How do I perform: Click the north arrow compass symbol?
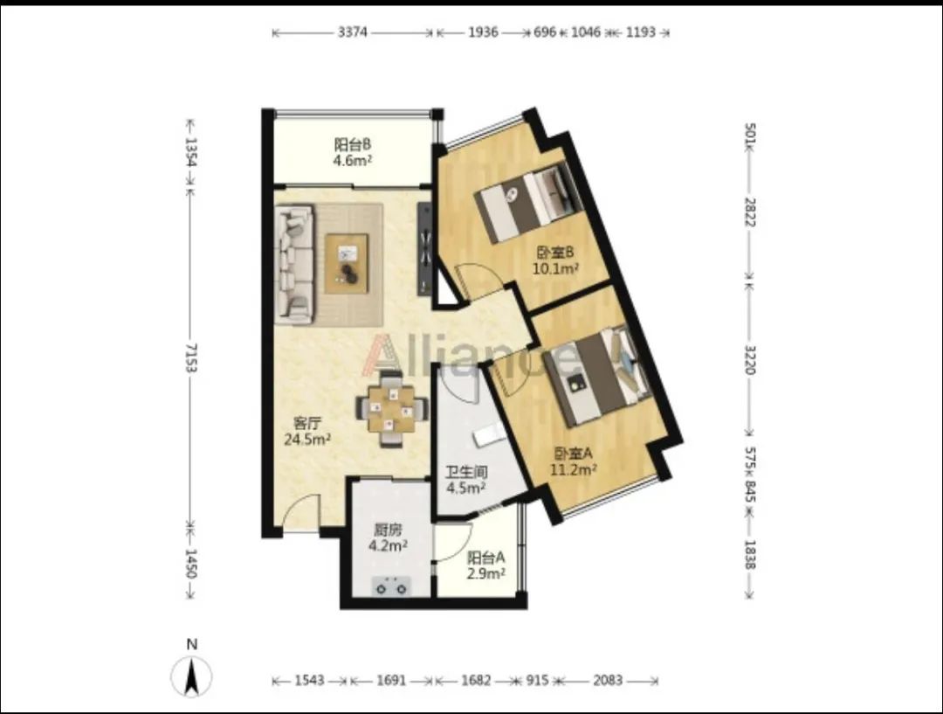click(191, 676)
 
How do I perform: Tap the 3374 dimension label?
click(353, 32)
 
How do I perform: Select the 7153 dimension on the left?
click(191, 357)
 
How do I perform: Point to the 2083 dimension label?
click(608, 680)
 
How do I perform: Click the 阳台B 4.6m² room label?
click(353, 152)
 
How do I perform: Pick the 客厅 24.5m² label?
click(307, 431)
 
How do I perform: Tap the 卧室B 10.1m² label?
click(555, 260)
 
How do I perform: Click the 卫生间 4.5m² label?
click(466, 480)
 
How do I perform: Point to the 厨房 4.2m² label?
click(388, 537)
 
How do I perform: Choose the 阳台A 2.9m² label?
click(486, 565)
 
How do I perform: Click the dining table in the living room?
click(392, 410)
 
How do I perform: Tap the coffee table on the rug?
click(347, 264)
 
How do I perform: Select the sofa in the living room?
click(294, 262)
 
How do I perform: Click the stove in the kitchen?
click(391, 586)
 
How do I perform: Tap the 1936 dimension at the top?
click(483, 32)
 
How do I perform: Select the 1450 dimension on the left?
click(191, 563)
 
